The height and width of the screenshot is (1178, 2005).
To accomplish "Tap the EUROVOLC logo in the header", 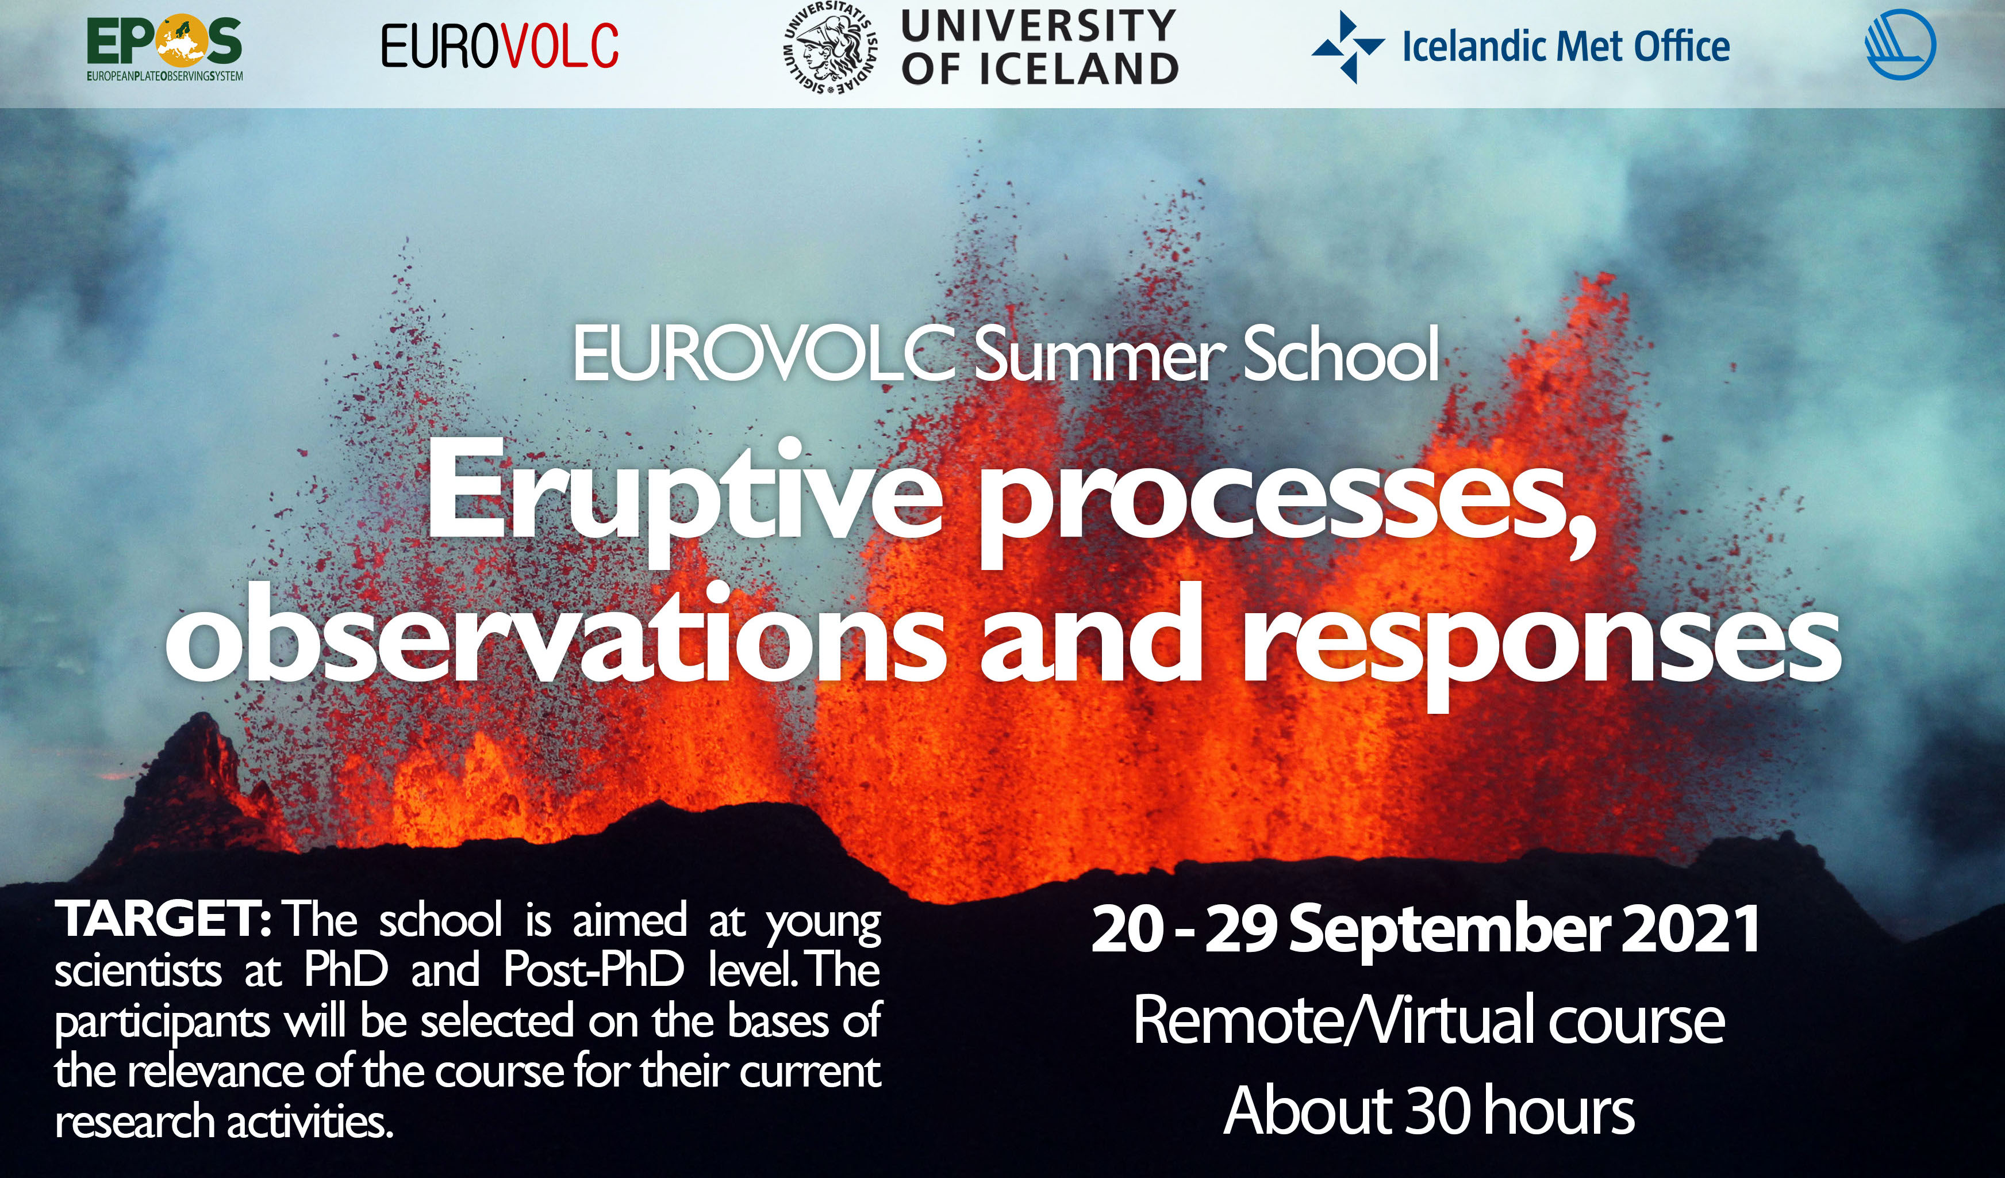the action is tap(500, 46).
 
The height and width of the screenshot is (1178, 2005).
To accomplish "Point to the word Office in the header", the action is tap(1681, 46).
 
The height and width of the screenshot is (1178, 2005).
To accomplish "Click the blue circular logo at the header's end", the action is tap(1901, 44).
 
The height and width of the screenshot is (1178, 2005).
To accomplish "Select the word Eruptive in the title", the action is tap(684, 498).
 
